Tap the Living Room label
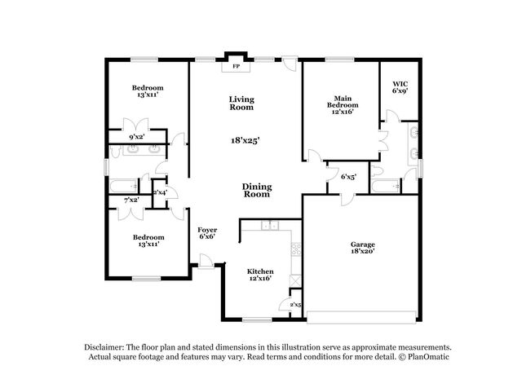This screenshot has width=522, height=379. coord(241,103)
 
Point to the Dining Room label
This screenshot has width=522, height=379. coord(257,191)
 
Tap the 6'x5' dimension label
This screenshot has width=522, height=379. coord(348,176)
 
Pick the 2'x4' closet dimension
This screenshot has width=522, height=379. coord(160,192)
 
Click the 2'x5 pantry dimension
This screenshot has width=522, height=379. coord(296,305)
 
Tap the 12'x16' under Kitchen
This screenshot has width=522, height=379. coord(260,279)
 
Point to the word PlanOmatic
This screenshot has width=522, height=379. coord(427,357)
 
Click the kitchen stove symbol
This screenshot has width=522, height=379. coord(296,249)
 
